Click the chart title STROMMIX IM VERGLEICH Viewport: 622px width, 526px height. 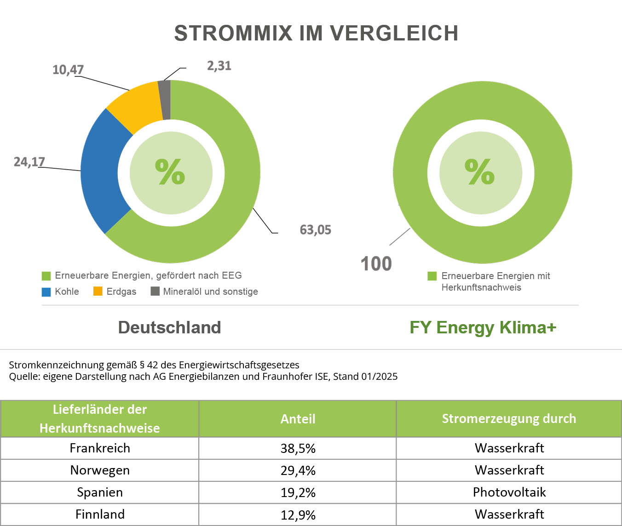[316, 33]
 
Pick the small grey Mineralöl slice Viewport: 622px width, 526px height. [165, 99]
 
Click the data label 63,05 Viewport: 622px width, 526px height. [315, 229]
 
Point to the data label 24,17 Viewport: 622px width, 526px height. [29, 162]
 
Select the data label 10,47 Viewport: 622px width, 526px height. [68, 70]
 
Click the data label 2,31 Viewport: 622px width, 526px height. [219, 66]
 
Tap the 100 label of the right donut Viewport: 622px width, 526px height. [376, 264]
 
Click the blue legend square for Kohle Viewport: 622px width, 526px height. [46, 292]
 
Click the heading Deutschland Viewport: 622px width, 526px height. [169, 327]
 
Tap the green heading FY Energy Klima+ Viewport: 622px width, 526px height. [483, 327]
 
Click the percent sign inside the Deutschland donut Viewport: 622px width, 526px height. [170, 172]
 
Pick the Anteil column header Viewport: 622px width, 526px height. [298, 419]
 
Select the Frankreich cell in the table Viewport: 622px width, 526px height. [100, 448]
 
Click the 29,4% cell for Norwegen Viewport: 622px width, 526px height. [298, 470]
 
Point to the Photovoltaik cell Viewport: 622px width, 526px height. [509, 492]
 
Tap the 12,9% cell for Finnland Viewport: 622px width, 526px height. [298, 515]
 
